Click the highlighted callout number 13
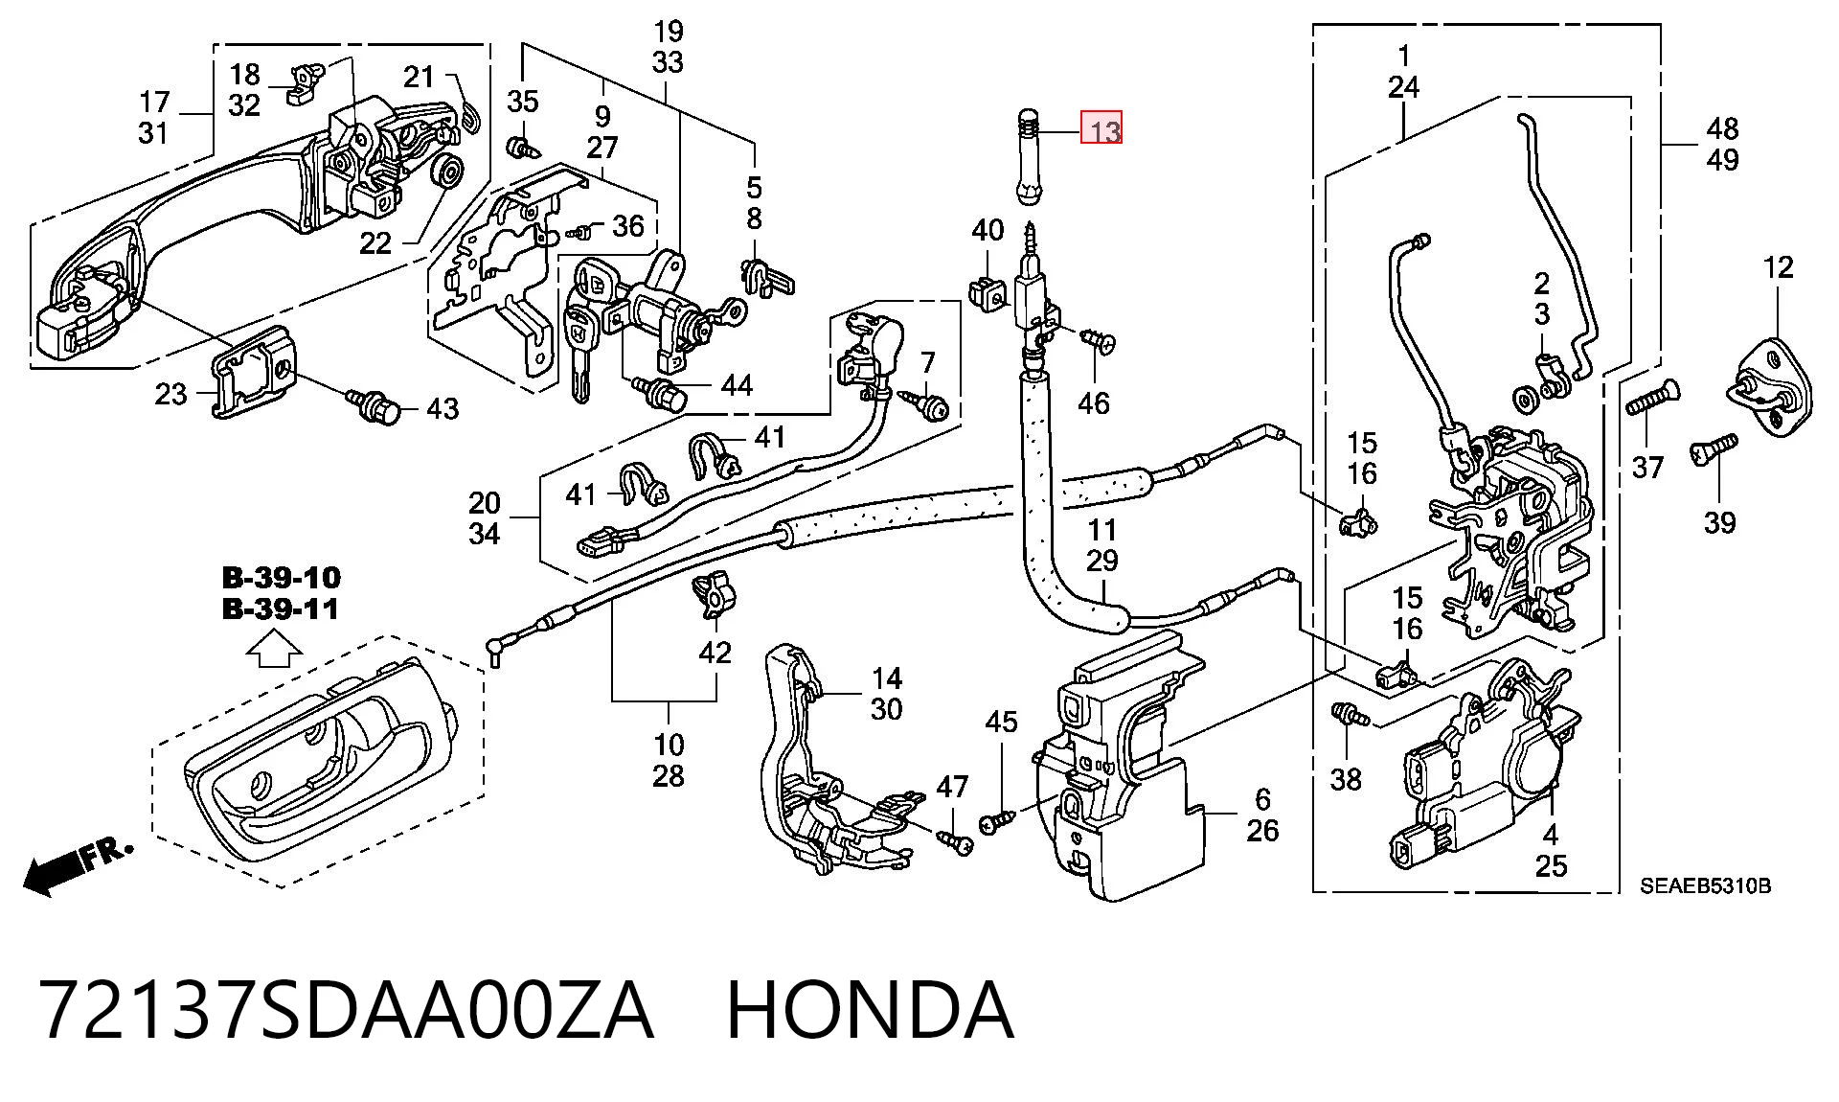pos(1101,128)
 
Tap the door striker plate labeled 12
pos(1777,389)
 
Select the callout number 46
pos(1093,403)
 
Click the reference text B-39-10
pos(281,578)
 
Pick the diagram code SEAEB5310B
pos(1705,886)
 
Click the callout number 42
pos(715,653)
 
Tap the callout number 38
pos(1346,780)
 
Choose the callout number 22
pos(375,242)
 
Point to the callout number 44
pos(737,385)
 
